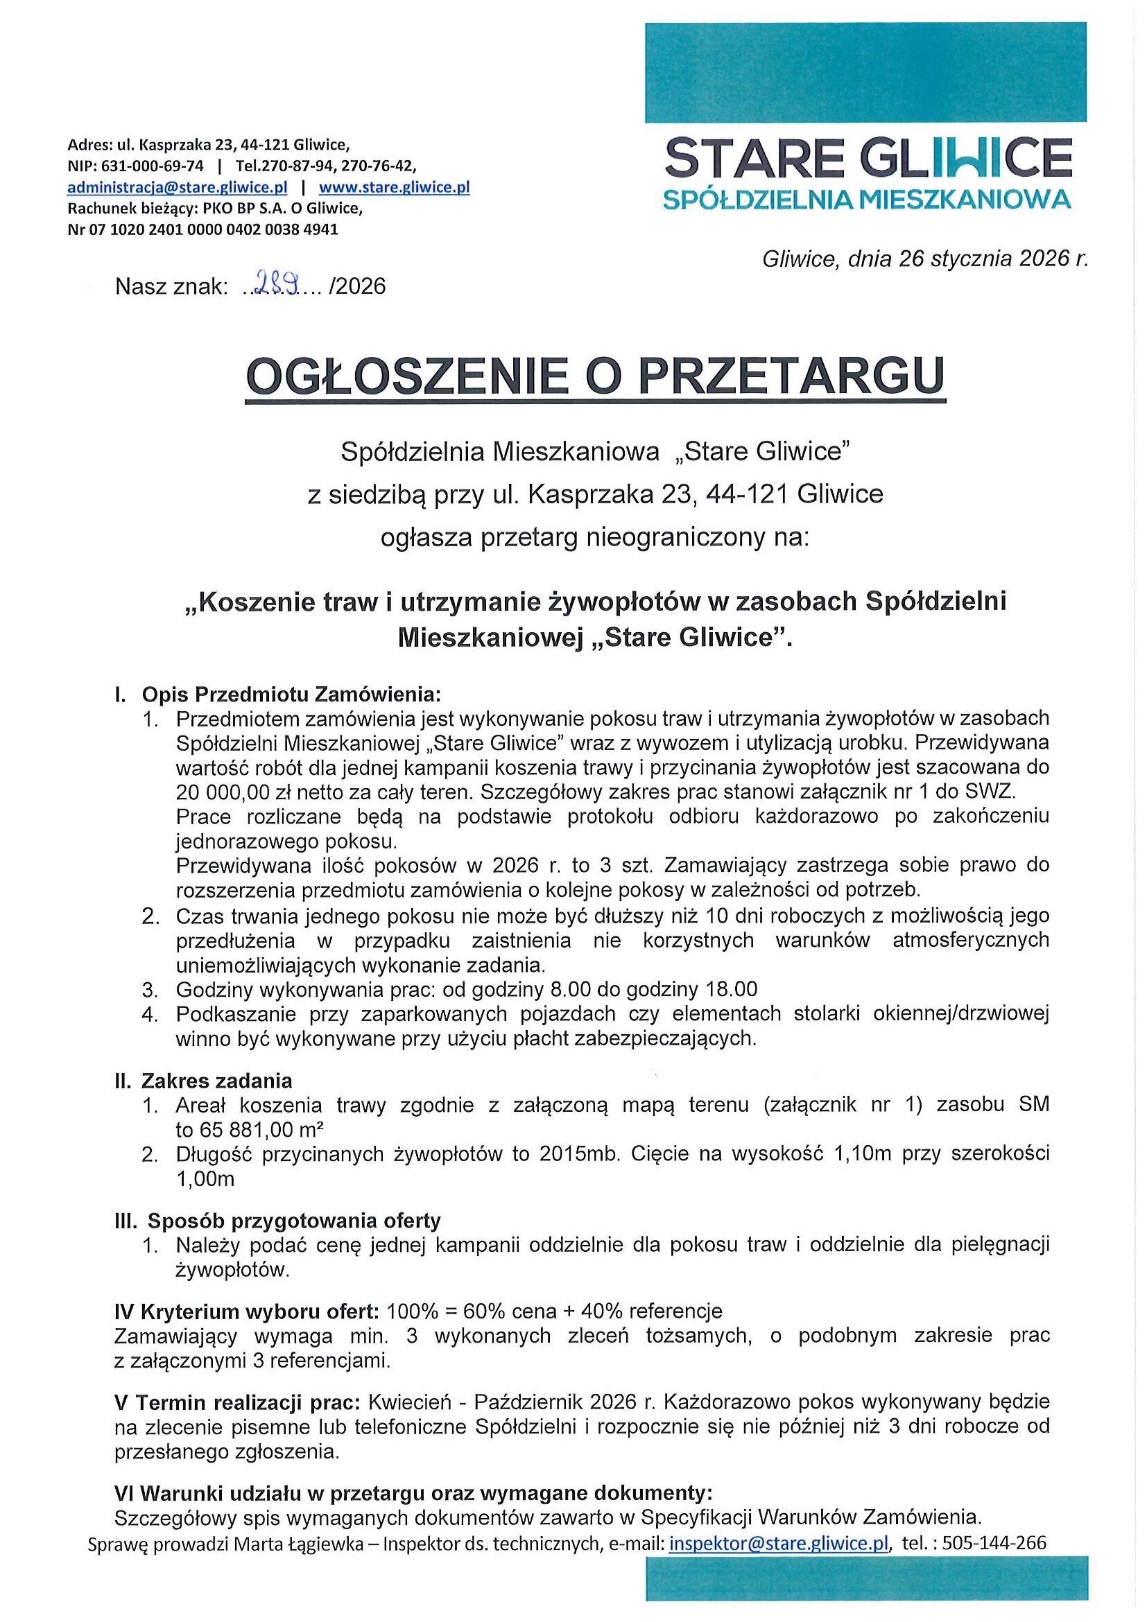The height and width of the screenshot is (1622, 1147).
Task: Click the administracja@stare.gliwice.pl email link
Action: (177, 188)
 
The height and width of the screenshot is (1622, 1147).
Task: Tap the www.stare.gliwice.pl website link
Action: (395, 188)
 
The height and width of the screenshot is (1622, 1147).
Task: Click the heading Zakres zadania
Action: (217, 1081)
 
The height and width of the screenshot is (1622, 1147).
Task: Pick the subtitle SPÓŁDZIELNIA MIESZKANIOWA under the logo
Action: (867, 200)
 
